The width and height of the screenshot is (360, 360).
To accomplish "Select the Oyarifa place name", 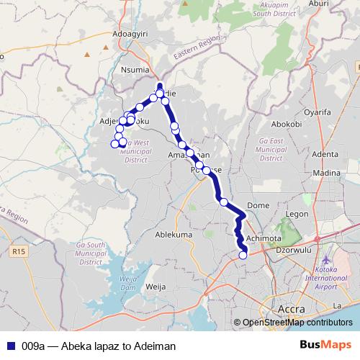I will click(x=320, y=112).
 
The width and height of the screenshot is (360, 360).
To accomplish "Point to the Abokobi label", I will click(x=286, y=124).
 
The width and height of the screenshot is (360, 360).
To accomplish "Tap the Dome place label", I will click(x=258, y=205).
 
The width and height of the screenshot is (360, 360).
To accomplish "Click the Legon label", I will click(x=297, y=214).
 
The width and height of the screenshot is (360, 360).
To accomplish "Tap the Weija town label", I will click(x=156, y=286).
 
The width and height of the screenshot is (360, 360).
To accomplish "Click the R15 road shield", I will click(x=18, y=251).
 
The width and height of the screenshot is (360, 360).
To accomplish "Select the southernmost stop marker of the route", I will click(x=243, y=254).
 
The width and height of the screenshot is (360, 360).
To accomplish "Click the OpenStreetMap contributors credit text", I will click(x=297, y=323).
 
